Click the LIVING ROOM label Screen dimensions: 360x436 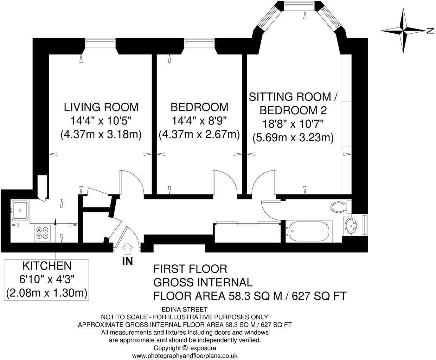[101, 107]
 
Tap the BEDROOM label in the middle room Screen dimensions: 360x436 [199, 107]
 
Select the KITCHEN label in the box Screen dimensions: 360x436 [47, 265]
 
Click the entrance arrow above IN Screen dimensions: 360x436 [127, 249]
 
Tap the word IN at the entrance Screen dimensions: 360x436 [127, 261]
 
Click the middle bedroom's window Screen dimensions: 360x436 [199, 42]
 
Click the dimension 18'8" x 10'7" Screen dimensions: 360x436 [293, 124]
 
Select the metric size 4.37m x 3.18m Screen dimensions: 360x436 [101, 135]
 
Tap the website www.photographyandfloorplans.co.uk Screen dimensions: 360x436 [185, 356]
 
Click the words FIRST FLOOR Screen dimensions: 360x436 [190, 269]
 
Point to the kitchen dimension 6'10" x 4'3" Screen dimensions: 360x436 [47, 279]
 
